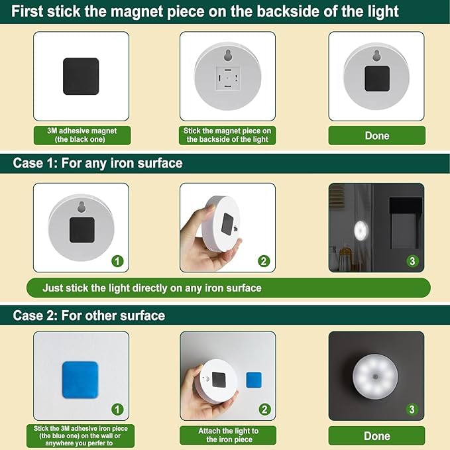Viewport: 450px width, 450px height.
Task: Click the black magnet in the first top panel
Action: [81, 76]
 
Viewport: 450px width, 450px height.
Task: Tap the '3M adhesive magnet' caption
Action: [82, 135]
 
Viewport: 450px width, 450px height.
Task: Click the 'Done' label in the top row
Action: [376, 135]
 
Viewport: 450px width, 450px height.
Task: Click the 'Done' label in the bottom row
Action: [376, 435]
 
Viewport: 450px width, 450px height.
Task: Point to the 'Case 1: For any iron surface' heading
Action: [97, 162]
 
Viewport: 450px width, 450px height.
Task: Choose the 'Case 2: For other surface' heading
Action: [89, 315]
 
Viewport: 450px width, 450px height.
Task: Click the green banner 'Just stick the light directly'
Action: [152, 288]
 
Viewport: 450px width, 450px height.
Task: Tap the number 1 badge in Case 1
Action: [117, 260]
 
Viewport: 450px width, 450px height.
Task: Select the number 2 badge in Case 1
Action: [264, 260]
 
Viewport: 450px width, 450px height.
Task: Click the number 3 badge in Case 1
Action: [412, 260]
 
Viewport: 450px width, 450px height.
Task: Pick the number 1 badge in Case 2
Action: [117, 409]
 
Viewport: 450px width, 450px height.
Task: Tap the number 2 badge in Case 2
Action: [264, 409]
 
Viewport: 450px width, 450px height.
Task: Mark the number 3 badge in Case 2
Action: [412, 409]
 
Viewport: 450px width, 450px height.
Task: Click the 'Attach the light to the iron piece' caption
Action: [228, 435]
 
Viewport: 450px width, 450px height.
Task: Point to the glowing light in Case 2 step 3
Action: [375, 376]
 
